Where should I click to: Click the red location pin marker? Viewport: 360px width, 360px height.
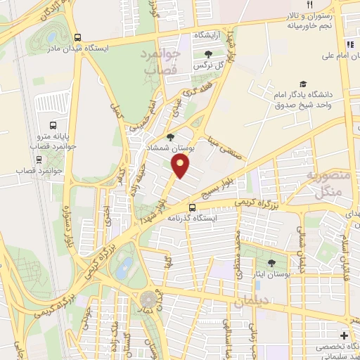coord(181,165)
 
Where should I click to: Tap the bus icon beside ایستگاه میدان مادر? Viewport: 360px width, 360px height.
coord(77,37)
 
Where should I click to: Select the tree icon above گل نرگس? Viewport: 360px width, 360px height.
coord(207,54)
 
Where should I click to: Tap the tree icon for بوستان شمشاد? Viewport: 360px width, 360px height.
coord(170,138)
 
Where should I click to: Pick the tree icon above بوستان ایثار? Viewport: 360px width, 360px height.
coord(271,263)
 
